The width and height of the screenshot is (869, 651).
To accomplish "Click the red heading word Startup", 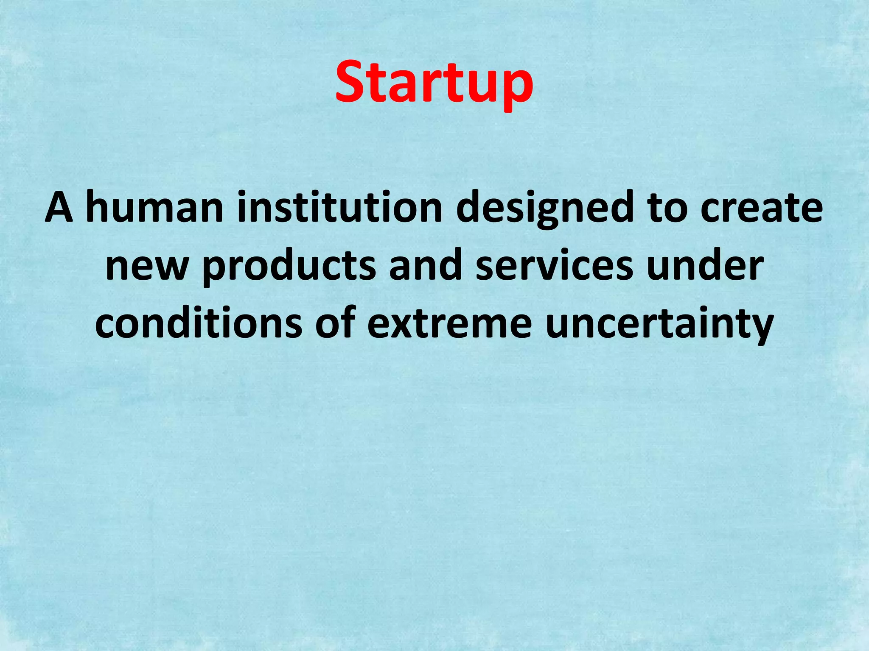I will pos(434,83).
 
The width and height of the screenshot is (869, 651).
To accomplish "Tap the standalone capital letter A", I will pos(59,208).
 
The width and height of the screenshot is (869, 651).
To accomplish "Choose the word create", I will pos(761,208).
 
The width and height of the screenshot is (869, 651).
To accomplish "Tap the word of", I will pos(335,324).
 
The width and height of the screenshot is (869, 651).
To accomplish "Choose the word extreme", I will pos(449,325).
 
